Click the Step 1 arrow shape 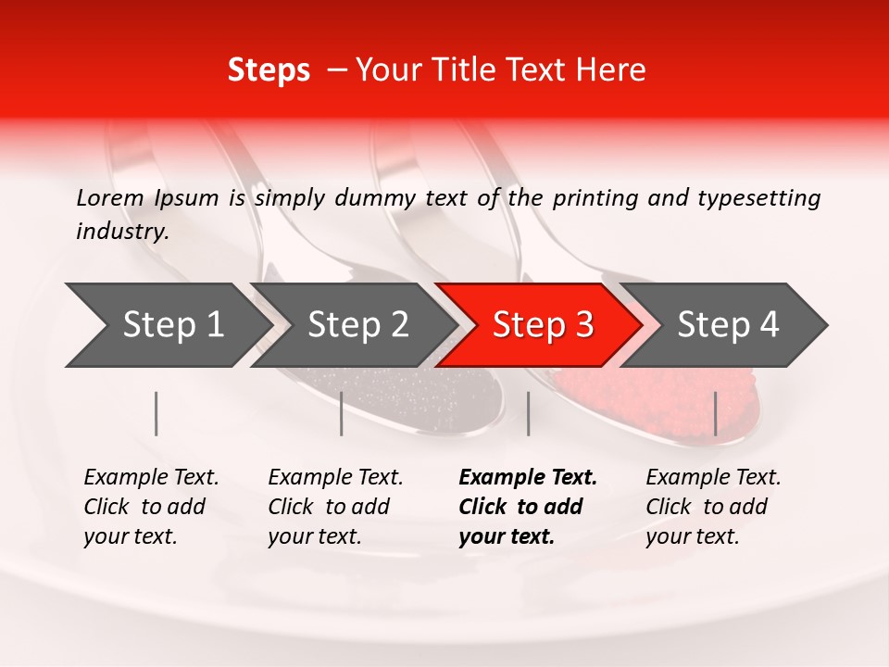coord(167,325)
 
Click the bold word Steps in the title coord(269,69)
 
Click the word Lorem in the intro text coord(110,197)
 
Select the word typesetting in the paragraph coord(758,197)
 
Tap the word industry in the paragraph coord(120,232)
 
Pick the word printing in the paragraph coord(591,197)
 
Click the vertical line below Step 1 coord(157,413)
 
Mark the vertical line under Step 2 coord(342,413)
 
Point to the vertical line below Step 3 coord(528,413)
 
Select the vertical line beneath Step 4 coord(715,413)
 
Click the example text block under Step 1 coord(151,507)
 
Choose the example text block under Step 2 coord(335,507)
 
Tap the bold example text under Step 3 coord(528,507)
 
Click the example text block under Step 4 coord(713,507)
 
